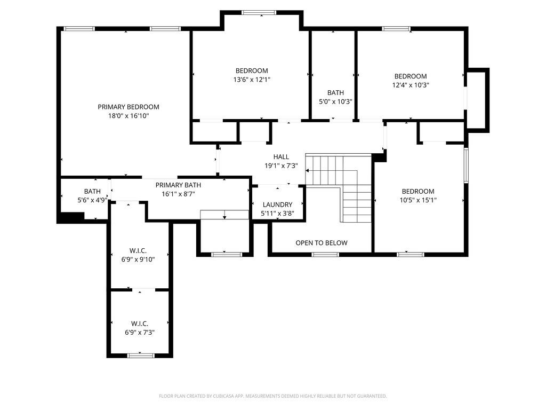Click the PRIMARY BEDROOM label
tap(129, 107)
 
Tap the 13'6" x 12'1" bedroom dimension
tap(252, 80)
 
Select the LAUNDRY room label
tap(277, 204)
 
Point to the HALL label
tap(281, 157)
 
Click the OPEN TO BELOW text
tap(322, 243)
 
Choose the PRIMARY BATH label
tap(178, 185)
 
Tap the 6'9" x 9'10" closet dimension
tap(138, 259)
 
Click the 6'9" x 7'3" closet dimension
tap(140, 333)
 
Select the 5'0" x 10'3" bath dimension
tap(336, 102)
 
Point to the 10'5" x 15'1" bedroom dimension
tap(418, 200)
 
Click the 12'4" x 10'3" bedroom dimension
tap(411, 85)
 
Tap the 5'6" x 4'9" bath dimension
tap(92, 200)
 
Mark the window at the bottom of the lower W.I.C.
tap(140, 356)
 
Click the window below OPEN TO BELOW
tap(325, 255)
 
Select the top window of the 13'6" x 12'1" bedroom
tap(259, 13)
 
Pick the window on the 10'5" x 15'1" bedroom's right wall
tap(466, 165)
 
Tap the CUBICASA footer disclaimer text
tap(273, 396)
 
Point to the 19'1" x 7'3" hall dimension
tap(281, 166)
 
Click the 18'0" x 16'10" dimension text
tap(129, 116)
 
